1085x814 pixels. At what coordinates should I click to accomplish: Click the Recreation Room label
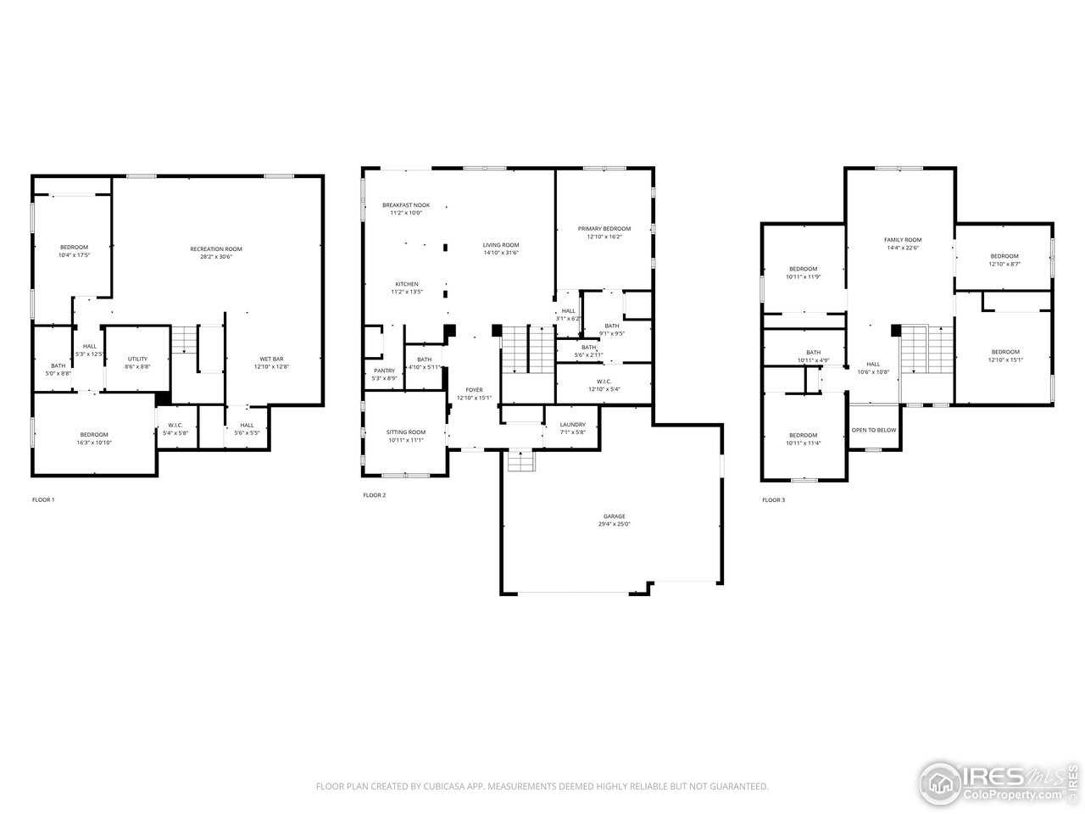216,248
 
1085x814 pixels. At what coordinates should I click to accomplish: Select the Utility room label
137,359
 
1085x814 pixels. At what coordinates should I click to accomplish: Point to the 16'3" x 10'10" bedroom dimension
94,443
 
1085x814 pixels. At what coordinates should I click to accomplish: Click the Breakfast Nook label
405,205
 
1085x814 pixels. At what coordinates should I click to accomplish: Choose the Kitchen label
406,284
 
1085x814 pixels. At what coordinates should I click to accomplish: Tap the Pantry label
384,371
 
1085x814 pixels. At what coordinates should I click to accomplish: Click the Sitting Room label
405,432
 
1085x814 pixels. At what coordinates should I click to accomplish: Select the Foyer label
474,390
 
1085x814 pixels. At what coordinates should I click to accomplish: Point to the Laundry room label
572,425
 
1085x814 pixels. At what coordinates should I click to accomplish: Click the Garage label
614,516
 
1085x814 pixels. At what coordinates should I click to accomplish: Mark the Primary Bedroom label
604,229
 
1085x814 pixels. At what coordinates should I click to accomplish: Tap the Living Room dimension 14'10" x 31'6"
501,253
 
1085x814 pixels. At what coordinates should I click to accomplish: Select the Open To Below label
873,430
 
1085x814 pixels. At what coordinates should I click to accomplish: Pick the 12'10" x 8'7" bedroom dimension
1004,264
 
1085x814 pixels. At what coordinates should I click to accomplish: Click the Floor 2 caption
374,495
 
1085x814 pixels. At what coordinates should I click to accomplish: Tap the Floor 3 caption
773,500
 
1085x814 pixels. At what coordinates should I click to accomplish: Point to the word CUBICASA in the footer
447,787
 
